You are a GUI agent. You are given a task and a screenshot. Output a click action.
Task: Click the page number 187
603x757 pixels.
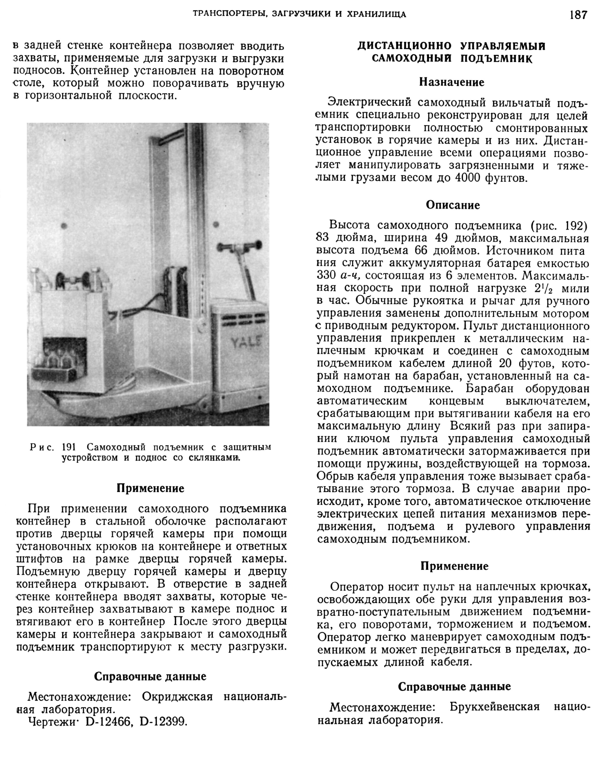578,15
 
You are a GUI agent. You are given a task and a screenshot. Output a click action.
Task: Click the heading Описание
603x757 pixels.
453,205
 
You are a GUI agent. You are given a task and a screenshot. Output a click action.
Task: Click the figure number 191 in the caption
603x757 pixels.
69,447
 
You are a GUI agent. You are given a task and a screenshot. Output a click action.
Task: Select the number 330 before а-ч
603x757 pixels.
326,276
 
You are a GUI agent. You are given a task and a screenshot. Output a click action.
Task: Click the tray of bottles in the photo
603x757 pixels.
55,370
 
